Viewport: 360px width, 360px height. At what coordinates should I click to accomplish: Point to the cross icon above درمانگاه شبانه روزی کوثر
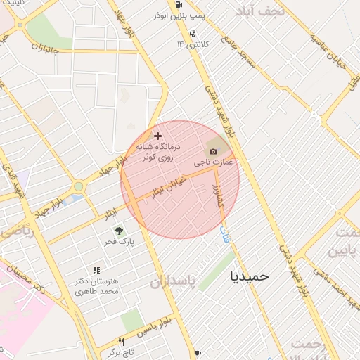pos(157,135)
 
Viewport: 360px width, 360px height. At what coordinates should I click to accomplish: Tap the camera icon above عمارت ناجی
pos(213,150)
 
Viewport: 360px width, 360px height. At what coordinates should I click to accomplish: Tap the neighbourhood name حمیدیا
pos(250,276)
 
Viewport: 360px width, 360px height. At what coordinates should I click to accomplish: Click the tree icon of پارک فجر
pos(119,230)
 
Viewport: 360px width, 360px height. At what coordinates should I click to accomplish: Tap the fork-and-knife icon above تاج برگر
pos(121,342)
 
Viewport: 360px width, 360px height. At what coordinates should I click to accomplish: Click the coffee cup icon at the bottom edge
pos(198,353)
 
